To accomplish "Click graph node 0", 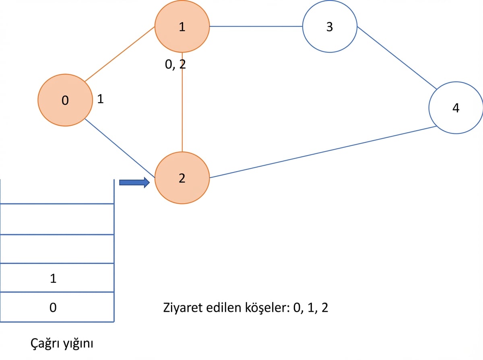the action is tap(65, 100).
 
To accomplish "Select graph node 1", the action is tap(182, 27).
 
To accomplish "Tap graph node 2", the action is tap(182, 178).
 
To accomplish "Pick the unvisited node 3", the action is tap(330, 27).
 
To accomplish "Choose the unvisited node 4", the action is tap(456, 108).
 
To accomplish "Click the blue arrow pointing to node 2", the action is tap(134, 182).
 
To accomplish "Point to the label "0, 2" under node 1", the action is tap(175, 65).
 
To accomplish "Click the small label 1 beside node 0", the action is tap(100, 99).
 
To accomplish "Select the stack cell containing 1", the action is tap(57, 278).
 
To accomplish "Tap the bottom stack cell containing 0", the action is tap(57, 307).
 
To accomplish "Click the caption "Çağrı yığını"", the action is tap(62, 344).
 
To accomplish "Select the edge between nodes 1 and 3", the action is tap(256, 27).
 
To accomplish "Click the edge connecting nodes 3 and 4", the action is tap(397, 58).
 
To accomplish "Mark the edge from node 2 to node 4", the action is tap(323, 152).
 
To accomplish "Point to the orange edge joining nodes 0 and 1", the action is tap(120, 54).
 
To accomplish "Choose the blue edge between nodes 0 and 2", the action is tap(120, 148).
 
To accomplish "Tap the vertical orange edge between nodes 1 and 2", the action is tap(182, 102).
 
